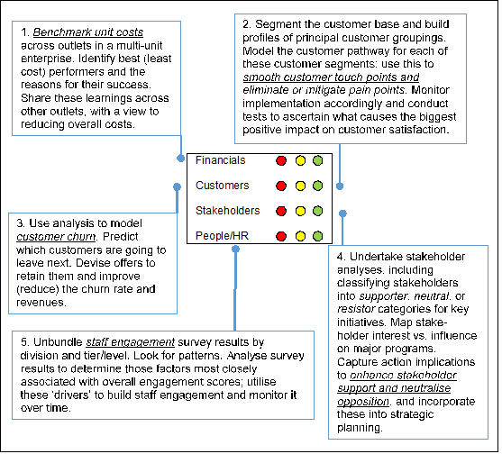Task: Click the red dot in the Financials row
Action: tap(281, 160)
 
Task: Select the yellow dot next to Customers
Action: tap(300, 186)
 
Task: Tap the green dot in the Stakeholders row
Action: tap(317, 211)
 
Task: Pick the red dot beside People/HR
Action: tap(281, 236)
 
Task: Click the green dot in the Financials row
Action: tap(317, 160)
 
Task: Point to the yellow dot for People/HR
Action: tap(300, 236)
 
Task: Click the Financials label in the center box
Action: tap(220, 160)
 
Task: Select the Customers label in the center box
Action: tap(223, 186)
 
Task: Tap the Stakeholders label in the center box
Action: tap(228, 211)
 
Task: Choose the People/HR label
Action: tap(222, 236)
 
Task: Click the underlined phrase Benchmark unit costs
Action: tap(88, 32)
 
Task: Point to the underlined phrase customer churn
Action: tap(56, 236)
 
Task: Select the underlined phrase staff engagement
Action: tap(131, 342)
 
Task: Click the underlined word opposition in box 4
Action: tap(363, 401)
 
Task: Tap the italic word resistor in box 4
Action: tap(356, 309)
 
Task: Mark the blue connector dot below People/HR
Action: tap(235, 249)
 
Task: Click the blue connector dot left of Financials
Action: tap(181, 158)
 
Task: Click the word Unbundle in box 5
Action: tap(58, 342)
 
